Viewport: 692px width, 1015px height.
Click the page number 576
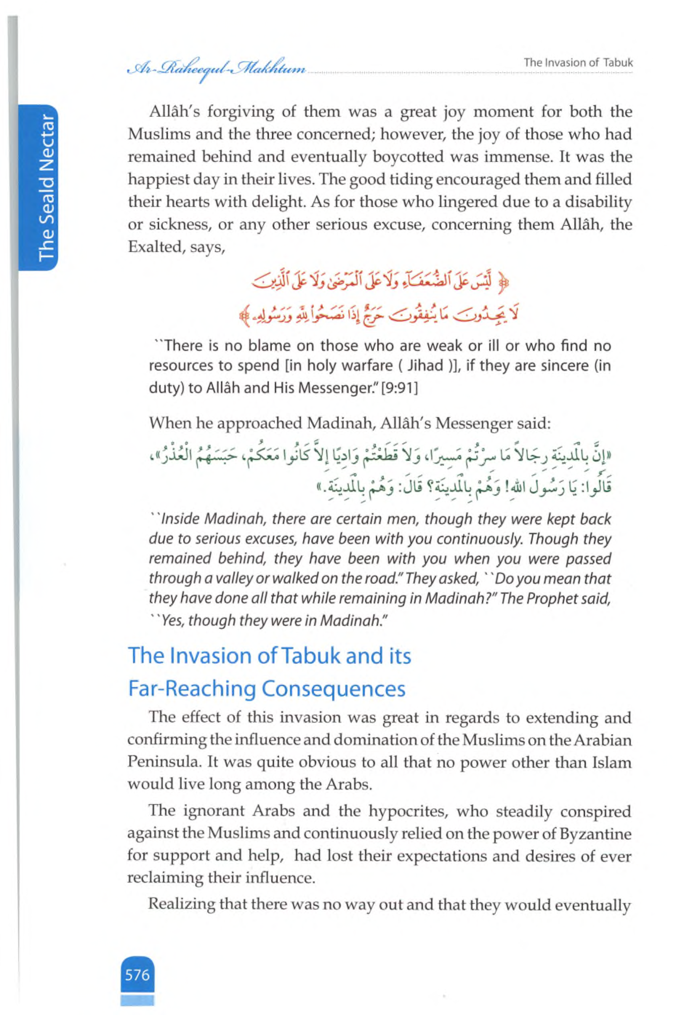(137, 974)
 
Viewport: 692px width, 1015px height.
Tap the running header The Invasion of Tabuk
(579, 63)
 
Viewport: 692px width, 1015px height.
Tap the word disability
(599, 202)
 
